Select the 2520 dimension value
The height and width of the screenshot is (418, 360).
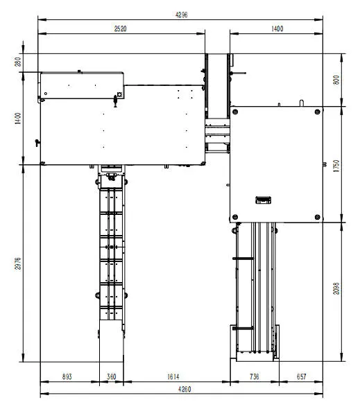coord(121,29)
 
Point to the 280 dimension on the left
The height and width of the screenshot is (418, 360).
coord(18,62)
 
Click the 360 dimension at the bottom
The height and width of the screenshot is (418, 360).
coord(111,376)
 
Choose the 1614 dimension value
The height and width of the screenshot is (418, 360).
coord(175,376)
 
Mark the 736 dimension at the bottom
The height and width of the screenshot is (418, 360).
coord(254,376)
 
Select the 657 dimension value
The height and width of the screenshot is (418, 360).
coord(301,376)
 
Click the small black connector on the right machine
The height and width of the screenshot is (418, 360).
coord(263,200)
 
